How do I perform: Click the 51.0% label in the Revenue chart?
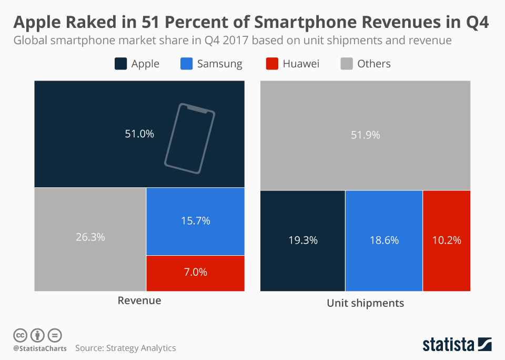pos(139,134)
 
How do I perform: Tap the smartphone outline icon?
pos(189,137)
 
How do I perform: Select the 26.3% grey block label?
pos(90,237)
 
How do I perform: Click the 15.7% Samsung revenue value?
pos(195,221)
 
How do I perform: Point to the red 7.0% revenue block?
pos(195,272)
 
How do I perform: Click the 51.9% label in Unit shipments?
pos(365,135)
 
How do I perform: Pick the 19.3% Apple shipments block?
pos(302,240)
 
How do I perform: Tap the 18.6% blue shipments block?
pos(383,240)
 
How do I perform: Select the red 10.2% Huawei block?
pos(446,240)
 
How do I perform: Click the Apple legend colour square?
pos(120,64)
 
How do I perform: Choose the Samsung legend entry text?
pos(219,64)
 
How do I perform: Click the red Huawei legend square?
pos(271,64)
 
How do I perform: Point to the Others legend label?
pos(373,64)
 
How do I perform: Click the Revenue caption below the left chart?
pos(139,301)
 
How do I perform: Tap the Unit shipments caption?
pos(365,303)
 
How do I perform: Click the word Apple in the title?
pos(37,23)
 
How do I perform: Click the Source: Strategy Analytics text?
pos(125,348)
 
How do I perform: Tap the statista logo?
pos(457,345)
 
